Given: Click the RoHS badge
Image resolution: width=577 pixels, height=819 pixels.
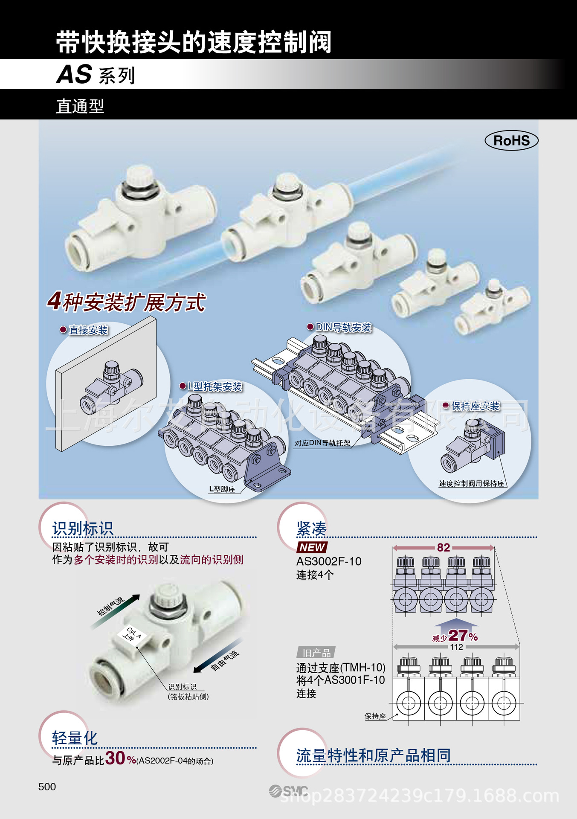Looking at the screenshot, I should (511, 140).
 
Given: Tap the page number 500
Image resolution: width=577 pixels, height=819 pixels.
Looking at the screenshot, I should (47, 787).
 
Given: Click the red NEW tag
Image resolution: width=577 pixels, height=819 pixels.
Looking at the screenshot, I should (312, 547).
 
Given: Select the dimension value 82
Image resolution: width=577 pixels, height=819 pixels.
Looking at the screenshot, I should (444, 548).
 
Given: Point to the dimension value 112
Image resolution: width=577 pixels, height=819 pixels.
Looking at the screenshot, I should (456, 647).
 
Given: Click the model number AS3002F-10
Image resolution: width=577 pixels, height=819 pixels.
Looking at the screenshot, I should (329, 561).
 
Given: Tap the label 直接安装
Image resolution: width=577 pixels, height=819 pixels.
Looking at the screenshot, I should (88, 330).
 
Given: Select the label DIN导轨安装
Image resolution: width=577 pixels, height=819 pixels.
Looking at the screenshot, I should (343, 327).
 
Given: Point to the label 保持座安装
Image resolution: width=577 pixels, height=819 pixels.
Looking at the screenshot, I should (475, 406).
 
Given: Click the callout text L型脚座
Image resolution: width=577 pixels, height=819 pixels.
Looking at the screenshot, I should (222, 489).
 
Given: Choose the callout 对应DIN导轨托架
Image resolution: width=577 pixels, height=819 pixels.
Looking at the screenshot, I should (322, 443).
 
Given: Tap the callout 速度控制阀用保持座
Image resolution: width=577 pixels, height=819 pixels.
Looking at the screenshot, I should (471, 483).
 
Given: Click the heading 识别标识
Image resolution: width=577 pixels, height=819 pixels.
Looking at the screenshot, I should (83, 529).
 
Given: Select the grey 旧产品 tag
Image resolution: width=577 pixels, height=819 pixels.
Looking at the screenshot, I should (316, 653).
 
